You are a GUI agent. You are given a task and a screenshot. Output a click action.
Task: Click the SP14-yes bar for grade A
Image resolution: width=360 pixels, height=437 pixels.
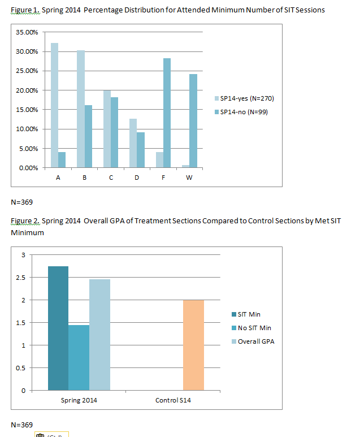(54, 105)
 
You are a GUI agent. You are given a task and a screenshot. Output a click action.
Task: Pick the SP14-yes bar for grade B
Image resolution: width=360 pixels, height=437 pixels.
(81, 109)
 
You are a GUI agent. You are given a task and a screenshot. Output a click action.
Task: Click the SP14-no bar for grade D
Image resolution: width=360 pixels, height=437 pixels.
(141, 150)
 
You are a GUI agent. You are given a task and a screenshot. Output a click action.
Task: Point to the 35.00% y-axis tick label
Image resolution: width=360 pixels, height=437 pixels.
(27, 32)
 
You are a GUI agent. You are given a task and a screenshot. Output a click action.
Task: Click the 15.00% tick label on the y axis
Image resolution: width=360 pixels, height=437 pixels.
(27, 110)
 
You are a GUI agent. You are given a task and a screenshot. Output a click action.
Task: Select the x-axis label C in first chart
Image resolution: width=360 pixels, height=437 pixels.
(111, 178)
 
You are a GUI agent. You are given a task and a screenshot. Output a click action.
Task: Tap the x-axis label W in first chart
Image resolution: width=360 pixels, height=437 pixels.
(189, 178)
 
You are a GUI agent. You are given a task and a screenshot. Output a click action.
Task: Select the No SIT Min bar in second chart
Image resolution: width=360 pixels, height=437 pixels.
(79, 357)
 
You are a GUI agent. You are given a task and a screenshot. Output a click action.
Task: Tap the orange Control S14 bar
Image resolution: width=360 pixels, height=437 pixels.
(193, 345)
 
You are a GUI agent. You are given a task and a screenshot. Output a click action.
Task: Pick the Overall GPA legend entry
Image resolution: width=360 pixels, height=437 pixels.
(253, 341)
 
